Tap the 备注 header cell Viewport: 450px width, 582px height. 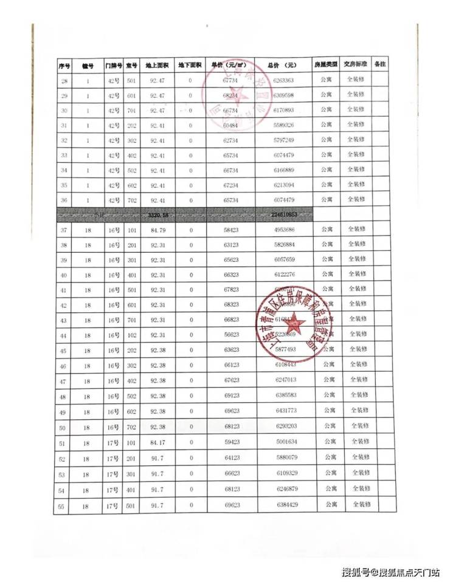tap(380, 64)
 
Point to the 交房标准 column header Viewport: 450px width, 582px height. tap(355, 64)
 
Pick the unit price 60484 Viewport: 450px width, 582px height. tap(229, 125)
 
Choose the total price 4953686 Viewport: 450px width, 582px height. tap(284, 229)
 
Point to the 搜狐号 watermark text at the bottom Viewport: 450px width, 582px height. tap(356, 572)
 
